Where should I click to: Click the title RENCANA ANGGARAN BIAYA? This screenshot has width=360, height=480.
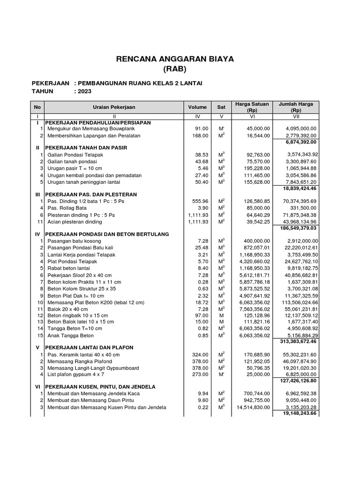(175, 59)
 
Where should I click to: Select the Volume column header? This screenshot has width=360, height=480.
(197, 107)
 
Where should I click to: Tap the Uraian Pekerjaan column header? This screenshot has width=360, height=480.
(114, 107)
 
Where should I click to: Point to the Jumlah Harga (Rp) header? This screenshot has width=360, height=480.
(296, 107)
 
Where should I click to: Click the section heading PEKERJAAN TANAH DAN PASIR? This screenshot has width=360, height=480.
(86, 147)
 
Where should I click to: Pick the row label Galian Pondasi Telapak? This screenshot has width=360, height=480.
(75, 155)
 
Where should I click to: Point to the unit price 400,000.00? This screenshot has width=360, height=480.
(257, 240)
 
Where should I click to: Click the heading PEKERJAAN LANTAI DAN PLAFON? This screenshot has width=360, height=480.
(90, 347)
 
